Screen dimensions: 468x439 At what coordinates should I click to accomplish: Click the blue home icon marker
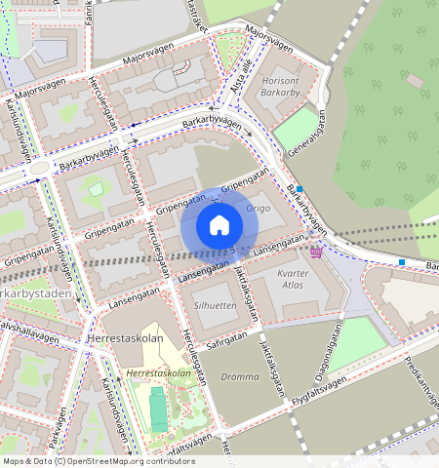pyautogui.click(x=219, y=226)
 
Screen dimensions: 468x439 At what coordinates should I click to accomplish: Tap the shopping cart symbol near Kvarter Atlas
pyautogui.click(x=317, y=252)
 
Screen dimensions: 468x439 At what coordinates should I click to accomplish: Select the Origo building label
pyautogui.click(x=259, y=209)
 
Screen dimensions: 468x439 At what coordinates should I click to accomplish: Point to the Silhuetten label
pyautogui.click(x=216, y=305)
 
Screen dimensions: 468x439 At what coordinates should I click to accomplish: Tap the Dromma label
pyautogui.click(x=240, y=376)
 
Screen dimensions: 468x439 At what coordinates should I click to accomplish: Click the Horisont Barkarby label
pyautogui.click(x=282, y=88)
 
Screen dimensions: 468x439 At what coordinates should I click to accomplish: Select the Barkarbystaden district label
pyautogui.click(x=37, y=293)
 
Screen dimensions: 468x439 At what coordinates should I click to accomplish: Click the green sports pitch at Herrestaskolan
pyautogui.click(x=158, y=409)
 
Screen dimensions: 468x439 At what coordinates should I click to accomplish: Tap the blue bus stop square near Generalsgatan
pyautogui.click(x=299, y=189)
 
